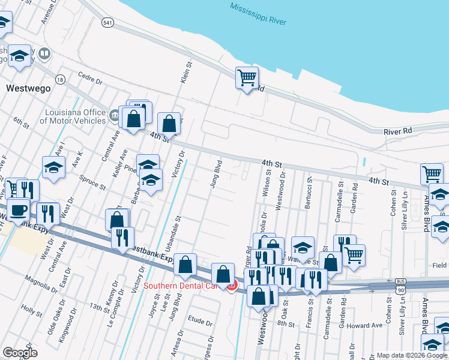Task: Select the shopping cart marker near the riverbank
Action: (x=247, y=77)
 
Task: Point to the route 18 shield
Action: (x=59, y=79)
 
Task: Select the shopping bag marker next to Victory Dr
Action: (x=170, y=124)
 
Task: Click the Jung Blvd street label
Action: (x=215, y=174)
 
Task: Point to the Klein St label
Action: (x=186, y=71)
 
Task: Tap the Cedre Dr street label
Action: (x=91, y=78)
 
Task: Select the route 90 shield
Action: (x=400, y=290)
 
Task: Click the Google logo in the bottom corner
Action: (x=20, y=353)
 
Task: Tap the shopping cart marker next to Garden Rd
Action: (x=354, y=254)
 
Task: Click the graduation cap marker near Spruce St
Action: (x=53, y=167)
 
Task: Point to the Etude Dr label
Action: (x=200, y=322)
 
